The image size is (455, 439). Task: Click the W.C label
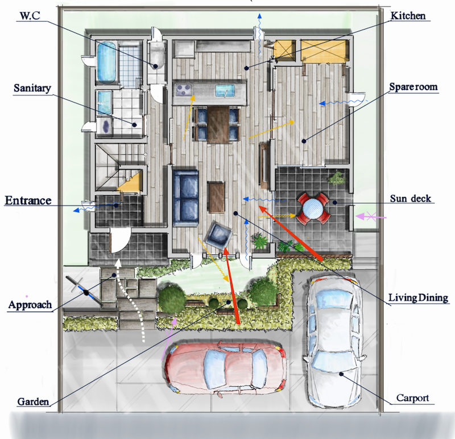pos(30,16)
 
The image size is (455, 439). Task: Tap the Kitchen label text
pos(408,16)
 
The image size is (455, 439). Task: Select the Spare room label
pos(413,87)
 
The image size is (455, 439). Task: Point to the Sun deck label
pos(410,199)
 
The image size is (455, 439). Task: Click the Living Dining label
pos(418,298)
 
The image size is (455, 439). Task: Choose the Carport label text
pos(412,398)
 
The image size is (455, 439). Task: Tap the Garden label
pos(33,401)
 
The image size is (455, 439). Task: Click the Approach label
pos(30,305)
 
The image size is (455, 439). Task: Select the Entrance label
pos(28,200)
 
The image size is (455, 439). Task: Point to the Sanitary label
pos(32,88)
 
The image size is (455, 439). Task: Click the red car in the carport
pos(226,367)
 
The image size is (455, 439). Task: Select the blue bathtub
pos(106,62)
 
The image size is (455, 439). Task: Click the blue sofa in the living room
pos(186,198)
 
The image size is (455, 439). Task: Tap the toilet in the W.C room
pos(157,58)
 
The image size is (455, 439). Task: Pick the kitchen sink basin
pos(225,90)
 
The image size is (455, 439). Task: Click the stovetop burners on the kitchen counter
pos(183,90)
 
